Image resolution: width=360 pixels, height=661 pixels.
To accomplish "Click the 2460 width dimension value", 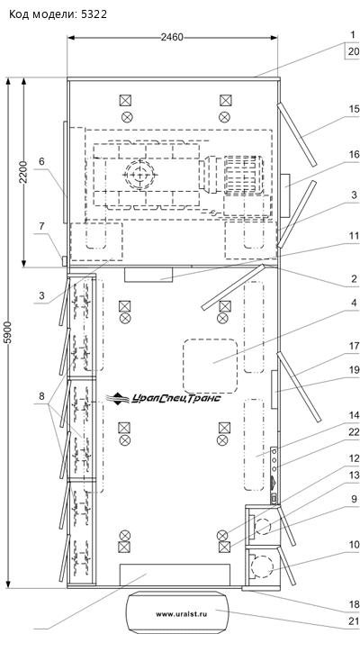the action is (172, 37).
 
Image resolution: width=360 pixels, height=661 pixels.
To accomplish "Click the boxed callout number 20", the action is (354, 51).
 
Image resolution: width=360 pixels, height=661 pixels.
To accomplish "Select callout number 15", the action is (354, 109).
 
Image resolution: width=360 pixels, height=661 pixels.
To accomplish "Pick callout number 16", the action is (354, 155).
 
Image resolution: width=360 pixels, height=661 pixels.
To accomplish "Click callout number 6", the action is (41, 161).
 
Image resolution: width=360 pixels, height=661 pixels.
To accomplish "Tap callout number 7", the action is (41, 226).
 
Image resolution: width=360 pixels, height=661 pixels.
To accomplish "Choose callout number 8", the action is (41, 396).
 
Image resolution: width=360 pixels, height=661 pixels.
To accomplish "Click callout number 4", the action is (354, 303).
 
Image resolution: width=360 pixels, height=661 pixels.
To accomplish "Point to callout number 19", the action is (354, 370).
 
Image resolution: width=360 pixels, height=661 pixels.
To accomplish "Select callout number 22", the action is (354, 432).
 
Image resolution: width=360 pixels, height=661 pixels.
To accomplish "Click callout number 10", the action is (354, 545).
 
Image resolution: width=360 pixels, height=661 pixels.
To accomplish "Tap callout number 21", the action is (354, 621).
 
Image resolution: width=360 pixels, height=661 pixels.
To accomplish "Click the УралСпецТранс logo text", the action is (175, 398).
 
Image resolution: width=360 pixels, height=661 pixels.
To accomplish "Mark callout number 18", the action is (354, 604).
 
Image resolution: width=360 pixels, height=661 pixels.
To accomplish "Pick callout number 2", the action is (354, 279).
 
